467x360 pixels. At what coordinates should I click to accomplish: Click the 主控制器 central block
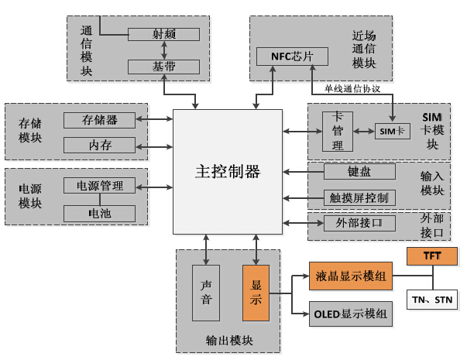(227, 171)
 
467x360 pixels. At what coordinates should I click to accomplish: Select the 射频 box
(163, 35)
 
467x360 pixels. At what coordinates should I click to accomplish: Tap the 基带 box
(163, 67)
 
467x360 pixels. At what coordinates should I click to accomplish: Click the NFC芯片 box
(282, 57)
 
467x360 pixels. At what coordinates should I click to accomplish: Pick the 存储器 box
(99, 120)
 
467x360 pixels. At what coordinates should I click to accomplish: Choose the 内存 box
(99, 145)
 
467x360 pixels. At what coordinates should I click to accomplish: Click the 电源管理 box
(99, 186)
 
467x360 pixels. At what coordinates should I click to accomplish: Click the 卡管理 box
(338, 132)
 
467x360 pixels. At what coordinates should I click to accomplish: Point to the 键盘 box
(359, 171)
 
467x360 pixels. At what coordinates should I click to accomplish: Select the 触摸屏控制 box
(359, 197)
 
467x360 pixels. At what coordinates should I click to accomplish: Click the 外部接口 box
(359, 224)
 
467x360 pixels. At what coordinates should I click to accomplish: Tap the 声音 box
(206, 293)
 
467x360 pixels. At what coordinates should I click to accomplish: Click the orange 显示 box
(256, 293)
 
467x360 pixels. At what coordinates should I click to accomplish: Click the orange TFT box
(431, 255)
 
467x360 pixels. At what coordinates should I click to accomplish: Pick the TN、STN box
(431, 299)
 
